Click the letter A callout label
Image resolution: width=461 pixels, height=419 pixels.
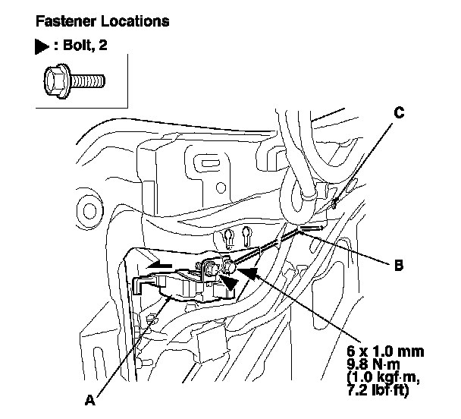(90, 400)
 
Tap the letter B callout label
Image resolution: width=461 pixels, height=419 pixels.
(398, 266)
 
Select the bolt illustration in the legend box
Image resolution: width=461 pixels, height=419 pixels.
(73, 78)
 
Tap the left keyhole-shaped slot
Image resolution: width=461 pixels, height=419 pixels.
(229, 238)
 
